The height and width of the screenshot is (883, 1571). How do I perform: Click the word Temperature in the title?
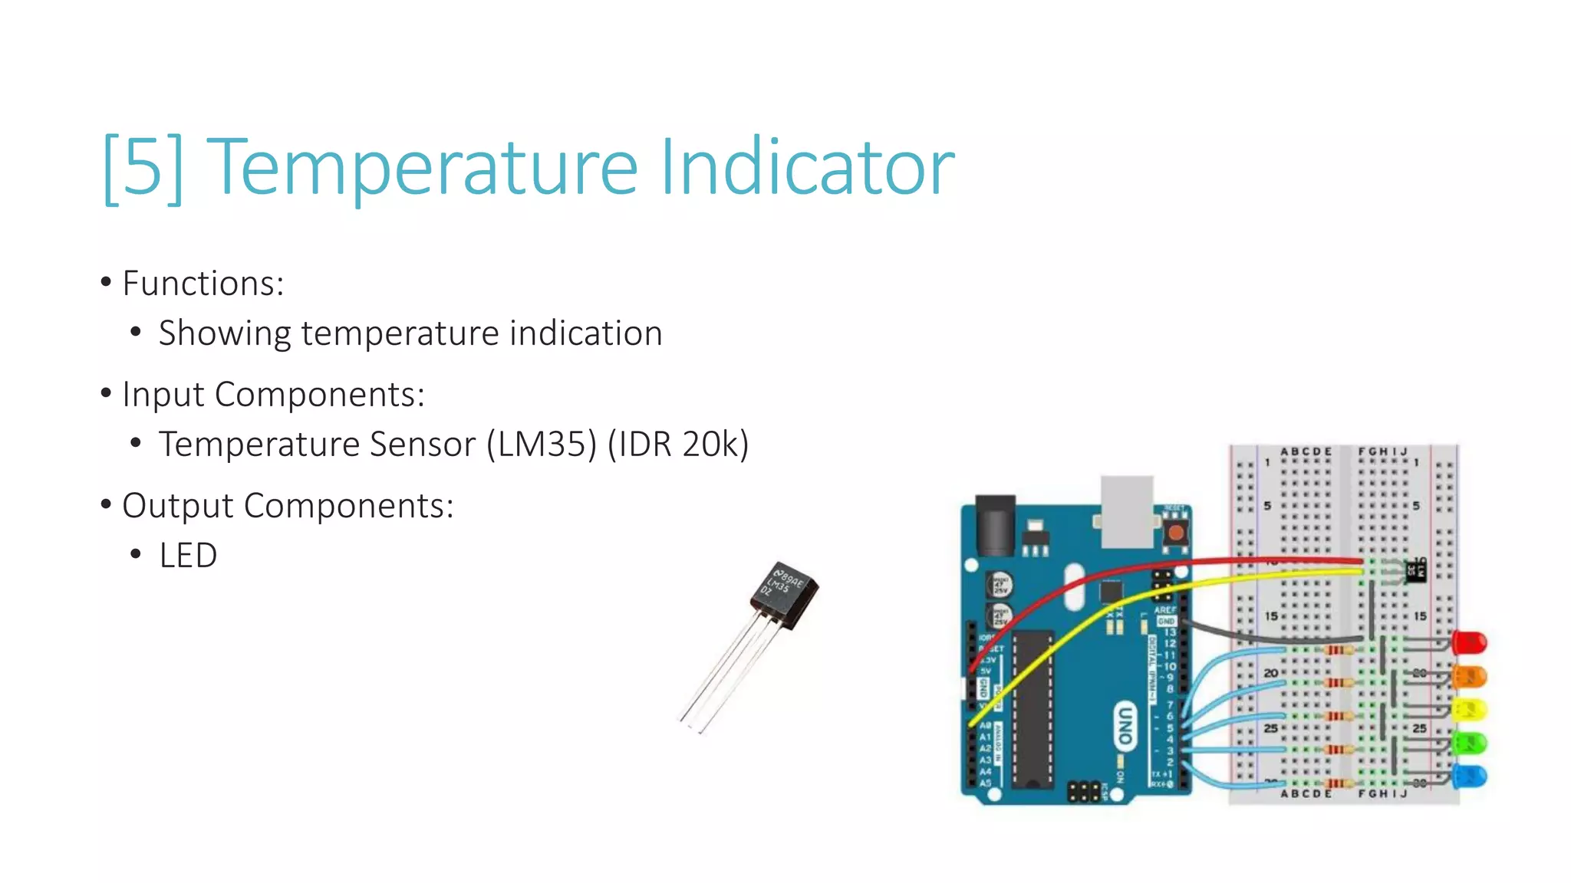422,167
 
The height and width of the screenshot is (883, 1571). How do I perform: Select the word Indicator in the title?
807,167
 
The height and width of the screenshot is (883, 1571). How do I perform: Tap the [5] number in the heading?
143,167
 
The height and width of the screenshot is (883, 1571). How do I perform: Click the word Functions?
203,284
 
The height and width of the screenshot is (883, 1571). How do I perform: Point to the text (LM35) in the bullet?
542,445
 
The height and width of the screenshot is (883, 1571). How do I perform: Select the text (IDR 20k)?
678,445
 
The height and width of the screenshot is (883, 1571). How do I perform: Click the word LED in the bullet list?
188,556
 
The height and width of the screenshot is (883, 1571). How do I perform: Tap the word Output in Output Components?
177,506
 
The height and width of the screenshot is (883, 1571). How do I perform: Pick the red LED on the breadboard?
1471,642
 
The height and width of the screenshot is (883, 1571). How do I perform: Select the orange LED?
1471,676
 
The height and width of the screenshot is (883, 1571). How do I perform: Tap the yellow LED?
1471,710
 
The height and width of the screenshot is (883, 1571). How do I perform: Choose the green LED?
1471,743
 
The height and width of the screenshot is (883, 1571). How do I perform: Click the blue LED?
1471,776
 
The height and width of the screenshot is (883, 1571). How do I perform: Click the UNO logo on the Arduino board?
1125,724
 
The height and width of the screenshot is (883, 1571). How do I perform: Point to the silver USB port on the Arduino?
1127,510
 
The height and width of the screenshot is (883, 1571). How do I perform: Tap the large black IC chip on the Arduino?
1033,709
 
